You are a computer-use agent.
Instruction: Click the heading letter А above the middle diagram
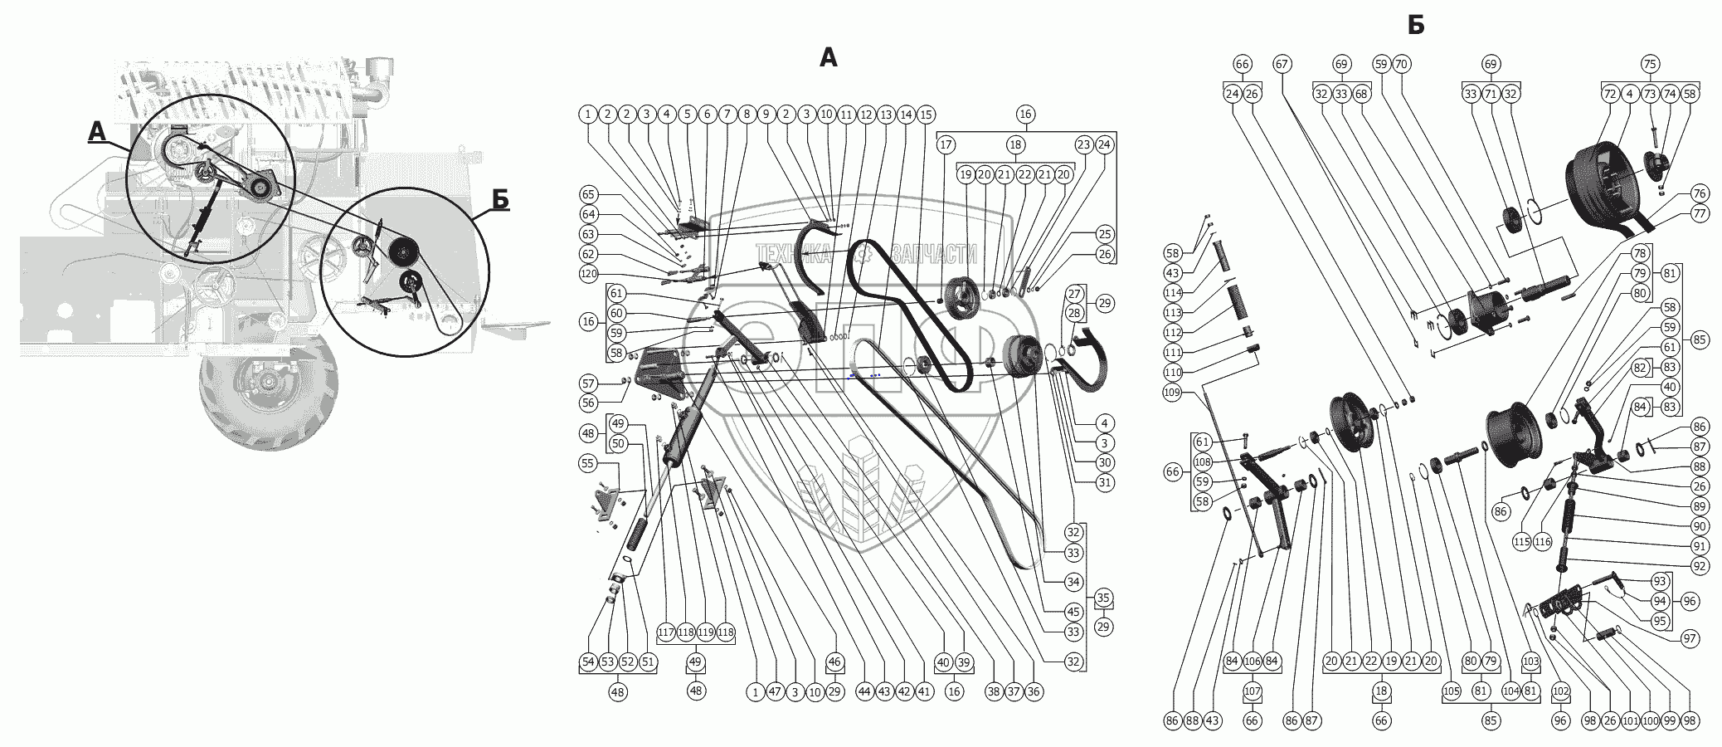click(x=828, y=57)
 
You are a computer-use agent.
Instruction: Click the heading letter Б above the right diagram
click(x=1415, y=26)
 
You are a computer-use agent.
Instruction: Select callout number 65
click(x=588, y=194)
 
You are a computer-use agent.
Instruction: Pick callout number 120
click(x=588, y=274)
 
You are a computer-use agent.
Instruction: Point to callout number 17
click(x=946, y=145)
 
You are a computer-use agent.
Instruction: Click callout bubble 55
click(x=588, y=463)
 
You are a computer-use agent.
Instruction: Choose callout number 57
click(x=588, y=383)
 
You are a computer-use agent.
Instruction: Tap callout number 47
click(x=775, y=691)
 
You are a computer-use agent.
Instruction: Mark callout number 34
click(x=1073, y=582)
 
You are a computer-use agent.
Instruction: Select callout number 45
click(x=1073, y=612)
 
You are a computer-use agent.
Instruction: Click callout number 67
click(x=1282, y=64)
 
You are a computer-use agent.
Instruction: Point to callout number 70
click(x=1401, y=64)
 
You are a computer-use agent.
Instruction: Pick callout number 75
click(x=1650, y=64)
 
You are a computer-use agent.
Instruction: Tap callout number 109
click(x=1172, y=393)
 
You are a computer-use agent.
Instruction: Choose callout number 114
click(x=1172, y=293)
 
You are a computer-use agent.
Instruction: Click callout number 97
click(x=1690, y=638)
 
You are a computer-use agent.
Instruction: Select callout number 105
click(x=1451, y=691)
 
